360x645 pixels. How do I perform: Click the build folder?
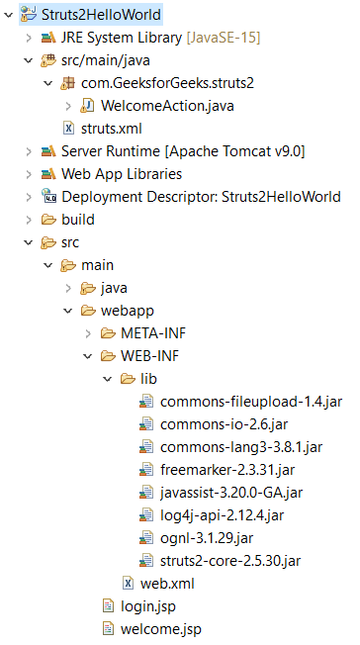point(78,219)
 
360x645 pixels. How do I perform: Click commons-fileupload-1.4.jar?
point(223,401)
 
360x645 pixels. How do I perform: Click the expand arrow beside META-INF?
point(86,332)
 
